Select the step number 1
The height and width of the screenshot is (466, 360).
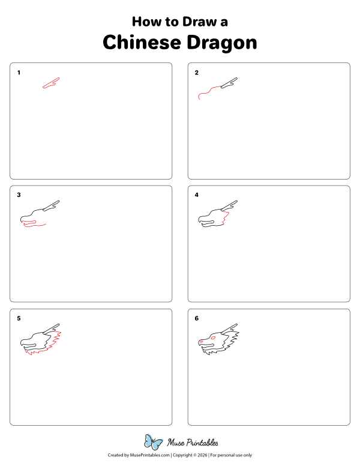pyautogui.click(x=19, y=73)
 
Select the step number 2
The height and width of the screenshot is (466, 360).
pyautogui.click(x=196, y=73)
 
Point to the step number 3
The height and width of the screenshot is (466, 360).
pyautogui.click(x=19, y=195)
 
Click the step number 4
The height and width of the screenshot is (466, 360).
pyautogui.click(x=196, y=195)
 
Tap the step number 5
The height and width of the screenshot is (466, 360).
pyautogui.click(x=19, y=318)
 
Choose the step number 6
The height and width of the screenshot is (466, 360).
pyautogui.click(x=196, y=318)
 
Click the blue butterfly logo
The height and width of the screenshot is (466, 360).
pyautogui.click(x=154, y=443)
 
